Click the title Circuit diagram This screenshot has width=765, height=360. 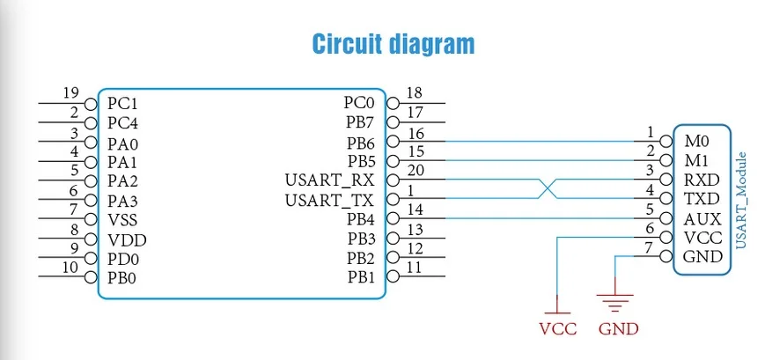click(x=394, y=44)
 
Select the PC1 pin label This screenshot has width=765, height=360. click(x=122, y=103)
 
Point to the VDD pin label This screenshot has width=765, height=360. click(x=127, y=239)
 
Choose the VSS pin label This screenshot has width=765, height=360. click(x=123, y=220)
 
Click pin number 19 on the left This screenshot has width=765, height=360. click(x=71, y=92)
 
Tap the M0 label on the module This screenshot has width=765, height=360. click(x=695, y=141)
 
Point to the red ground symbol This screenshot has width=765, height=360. click(x=614, y=302)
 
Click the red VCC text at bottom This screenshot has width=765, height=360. click(x=557, y=329)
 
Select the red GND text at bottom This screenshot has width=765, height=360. click(x=617, y=329)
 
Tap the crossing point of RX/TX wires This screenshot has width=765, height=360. click(x=546, y=189)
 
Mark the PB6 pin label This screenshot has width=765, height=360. click(x=360, y=142)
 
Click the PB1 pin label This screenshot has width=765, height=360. click(x=360, y=277)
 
